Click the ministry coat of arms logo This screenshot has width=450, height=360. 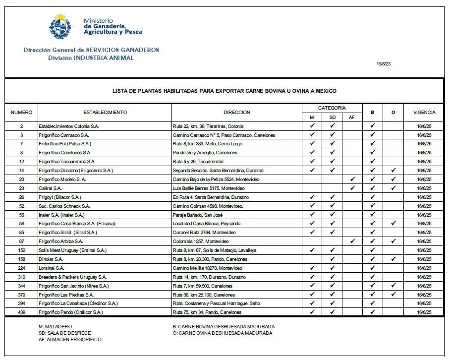60,27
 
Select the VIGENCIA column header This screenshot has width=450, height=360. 424,113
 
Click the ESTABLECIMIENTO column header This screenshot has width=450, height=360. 105,113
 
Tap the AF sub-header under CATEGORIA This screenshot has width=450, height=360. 352,118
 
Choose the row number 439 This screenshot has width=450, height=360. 21,312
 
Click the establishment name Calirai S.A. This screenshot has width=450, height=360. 50,188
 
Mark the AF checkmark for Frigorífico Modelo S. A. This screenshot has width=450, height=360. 352,179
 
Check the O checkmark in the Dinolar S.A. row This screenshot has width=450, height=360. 393,259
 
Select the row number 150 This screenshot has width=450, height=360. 21,250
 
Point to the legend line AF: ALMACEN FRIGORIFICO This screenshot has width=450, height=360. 69,340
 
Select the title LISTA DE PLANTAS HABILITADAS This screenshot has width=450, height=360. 225,91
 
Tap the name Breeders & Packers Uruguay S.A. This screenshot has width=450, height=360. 72,277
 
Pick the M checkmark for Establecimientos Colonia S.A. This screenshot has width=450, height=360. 312,126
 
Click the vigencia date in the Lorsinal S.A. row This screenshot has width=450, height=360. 424,268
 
